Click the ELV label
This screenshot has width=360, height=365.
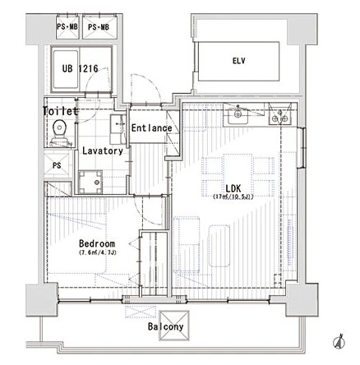tap(239, 61)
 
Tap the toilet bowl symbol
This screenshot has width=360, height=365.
tap(60, 132)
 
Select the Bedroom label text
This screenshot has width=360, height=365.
tap(97, 243)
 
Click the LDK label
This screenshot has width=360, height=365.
tap(233, 188)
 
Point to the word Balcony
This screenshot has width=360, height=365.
tap(165, 326)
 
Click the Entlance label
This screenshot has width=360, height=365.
tap(151, 128)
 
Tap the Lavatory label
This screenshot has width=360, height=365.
tap(103, 150)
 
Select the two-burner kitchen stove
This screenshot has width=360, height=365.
tap(280, 114)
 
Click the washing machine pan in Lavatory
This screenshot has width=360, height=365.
tap(90, 182)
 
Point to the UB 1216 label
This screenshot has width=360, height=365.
tap(80, 68)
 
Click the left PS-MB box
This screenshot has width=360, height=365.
tap(67, 27)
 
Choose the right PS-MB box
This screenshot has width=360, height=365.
tap(99, 27)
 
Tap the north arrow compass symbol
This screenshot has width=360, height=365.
tap(339, 342)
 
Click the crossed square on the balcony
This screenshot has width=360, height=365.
tap(174, 326)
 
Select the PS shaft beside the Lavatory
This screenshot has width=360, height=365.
tap(58, 165)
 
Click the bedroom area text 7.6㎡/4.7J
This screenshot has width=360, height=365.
tap(98, 252)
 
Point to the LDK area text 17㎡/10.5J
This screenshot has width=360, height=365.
tap(233, 196)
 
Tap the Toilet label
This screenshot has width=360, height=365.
tap(61, 111)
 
